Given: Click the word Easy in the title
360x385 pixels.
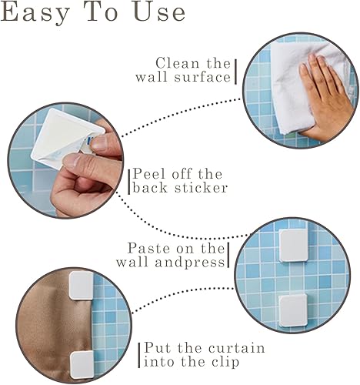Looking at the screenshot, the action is tap(36, 13).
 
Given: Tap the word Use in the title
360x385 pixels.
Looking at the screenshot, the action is tap(159, 12).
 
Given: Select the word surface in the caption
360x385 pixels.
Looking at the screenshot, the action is tap(202, 77).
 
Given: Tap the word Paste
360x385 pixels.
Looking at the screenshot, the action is tap(148, 248).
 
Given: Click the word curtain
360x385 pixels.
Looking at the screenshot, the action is tap(236, 348).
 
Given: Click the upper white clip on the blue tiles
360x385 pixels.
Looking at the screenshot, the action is tap(294, 246).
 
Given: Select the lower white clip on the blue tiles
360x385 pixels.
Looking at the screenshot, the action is tap(293, 310).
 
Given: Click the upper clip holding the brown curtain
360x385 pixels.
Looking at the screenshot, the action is tap(82, 286).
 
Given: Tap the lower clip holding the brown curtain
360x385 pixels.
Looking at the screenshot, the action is tap(82, 365).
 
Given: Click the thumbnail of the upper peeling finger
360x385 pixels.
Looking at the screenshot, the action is tap(98, 143).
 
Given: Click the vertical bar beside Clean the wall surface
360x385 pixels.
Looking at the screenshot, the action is tap(235, 72).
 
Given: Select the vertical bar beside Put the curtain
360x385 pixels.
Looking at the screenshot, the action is tap(139, 356).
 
